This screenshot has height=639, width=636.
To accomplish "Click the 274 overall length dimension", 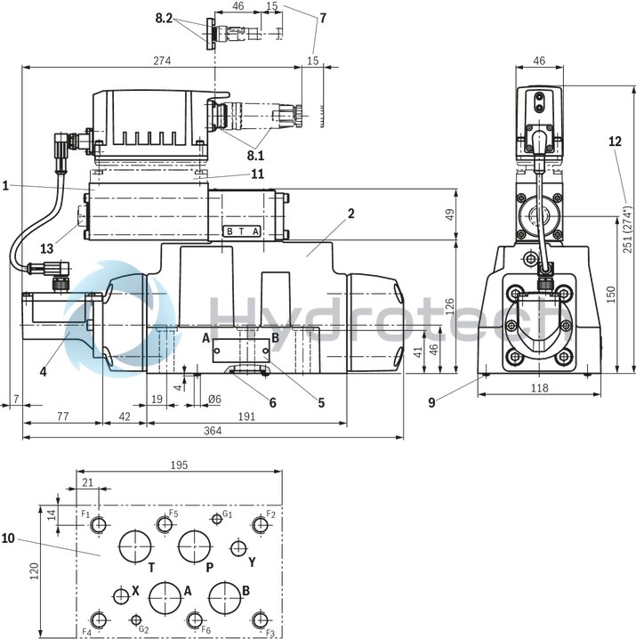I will coord(161,61).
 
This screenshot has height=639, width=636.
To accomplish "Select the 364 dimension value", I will coord(212,431).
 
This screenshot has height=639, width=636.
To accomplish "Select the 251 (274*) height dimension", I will coord(626,268).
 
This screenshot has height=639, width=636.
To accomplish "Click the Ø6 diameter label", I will coord(212,400).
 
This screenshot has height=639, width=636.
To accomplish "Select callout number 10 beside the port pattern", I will coord(9,538).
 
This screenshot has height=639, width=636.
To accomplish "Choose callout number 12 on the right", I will coord(616,141).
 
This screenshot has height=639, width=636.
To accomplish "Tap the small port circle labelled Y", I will coord(237,547).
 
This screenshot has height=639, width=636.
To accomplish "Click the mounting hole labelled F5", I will coord(165,524).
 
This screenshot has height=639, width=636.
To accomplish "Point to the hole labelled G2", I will coord(135,619).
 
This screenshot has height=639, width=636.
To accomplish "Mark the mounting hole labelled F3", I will coord(260,619).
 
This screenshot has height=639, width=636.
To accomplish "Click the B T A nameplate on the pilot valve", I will coord(243,231).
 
